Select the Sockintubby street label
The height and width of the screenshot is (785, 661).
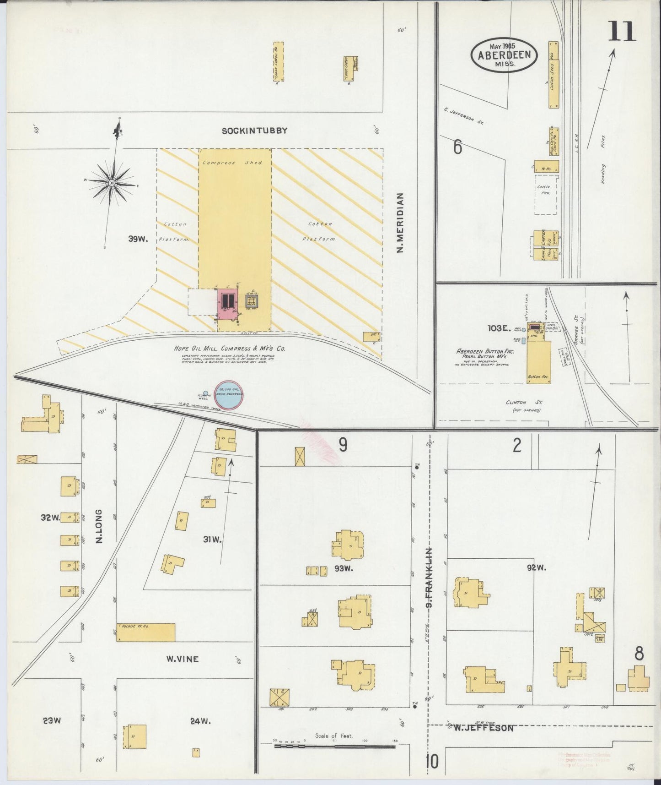254,131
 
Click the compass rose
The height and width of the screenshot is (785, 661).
112,183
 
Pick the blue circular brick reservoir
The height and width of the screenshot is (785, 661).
228,394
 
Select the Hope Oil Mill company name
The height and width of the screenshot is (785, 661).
230,349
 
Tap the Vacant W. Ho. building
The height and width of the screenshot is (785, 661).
146,632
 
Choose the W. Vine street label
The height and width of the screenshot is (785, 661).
182,659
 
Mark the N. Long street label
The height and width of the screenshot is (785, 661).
98,527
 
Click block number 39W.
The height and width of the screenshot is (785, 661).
137,239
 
